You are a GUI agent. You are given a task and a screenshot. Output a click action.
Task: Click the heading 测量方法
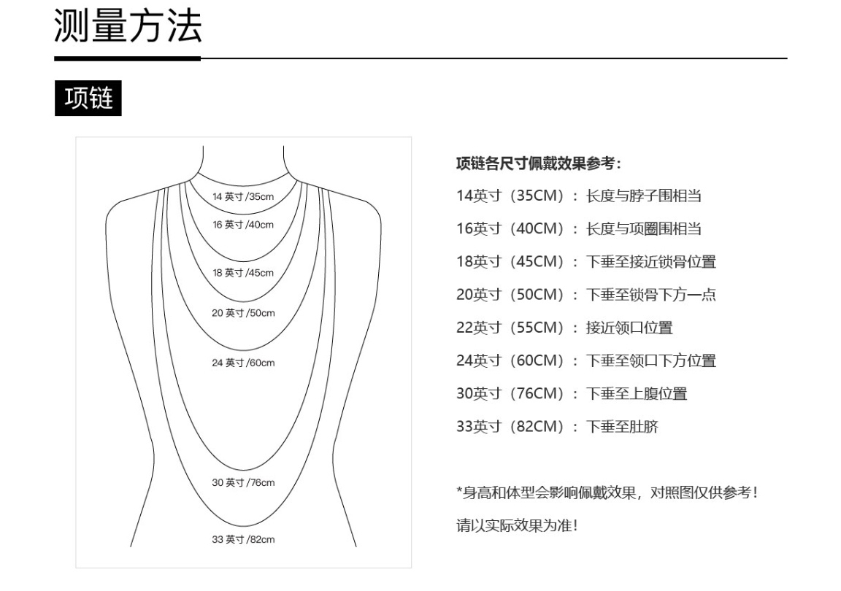(128, 26)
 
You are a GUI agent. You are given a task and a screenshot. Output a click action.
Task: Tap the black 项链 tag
(88, 98)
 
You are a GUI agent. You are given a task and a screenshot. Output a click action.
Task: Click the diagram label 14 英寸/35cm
(243, 197)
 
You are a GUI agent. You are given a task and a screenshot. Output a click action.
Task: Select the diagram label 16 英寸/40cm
(243, 225)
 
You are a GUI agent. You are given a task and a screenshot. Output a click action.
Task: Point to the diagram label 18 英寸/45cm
(243, 273)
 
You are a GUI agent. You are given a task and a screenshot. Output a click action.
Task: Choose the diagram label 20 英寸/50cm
(243, 313)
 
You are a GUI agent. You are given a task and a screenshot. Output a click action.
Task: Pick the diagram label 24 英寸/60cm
(243, 363)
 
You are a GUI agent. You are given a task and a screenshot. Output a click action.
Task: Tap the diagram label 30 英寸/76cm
(243, 483)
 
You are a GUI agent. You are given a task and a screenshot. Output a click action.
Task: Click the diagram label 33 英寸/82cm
(243, 539)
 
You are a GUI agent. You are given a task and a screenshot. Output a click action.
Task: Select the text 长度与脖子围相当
(644, 196)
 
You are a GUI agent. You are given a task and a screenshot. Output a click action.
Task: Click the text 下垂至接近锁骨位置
(650, 262)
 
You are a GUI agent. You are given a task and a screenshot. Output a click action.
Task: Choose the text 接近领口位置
(629, 328)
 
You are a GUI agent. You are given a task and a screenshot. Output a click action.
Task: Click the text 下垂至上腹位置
(636, 394)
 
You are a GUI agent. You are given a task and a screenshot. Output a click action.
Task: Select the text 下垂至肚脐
(622, 427)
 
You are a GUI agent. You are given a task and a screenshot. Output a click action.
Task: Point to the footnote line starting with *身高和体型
(607, 492)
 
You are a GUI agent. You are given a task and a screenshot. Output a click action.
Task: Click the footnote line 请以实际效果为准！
(517, 525)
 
